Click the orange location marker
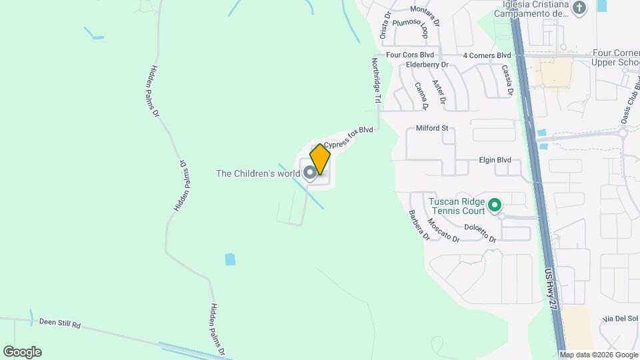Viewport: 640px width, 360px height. (320, 159)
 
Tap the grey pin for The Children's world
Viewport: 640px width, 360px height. (310, 173)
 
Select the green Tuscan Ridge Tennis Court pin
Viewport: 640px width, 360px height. (495, 205)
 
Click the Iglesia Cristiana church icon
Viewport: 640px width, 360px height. (579, 9)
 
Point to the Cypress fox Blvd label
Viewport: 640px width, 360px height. (348, 139)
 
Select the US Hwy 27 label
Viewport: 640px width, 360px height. (550, 287)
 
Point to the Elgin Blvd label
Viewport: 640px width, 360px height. (495, 160)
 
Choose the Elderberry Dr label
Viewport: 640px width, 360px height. (427, 65)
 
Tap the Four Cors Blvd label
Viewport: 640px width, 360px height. (410, 55)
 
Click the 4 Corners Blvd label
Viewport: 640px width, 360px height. (487, 55)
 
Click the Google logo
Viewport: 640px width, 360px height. (22, 352)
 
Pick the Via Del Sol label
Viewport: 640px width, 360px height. (619, 319)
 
